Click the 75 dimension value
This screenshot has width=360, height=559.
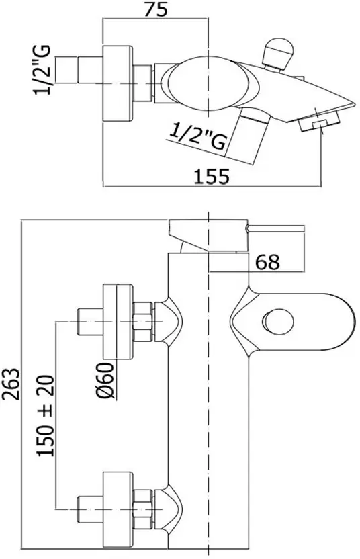coord(156,9)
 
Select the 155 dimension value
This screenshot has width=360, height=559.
coord(212,177)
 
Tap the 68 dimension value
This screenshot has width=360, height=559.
coord(267,263)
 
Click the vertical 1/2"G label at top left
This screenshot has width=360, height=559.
coord(43,71)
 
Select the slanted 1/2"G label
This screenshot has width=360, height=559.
coord(198,136)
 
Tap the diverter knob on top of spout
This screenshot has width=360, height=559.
coord(277,52)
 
